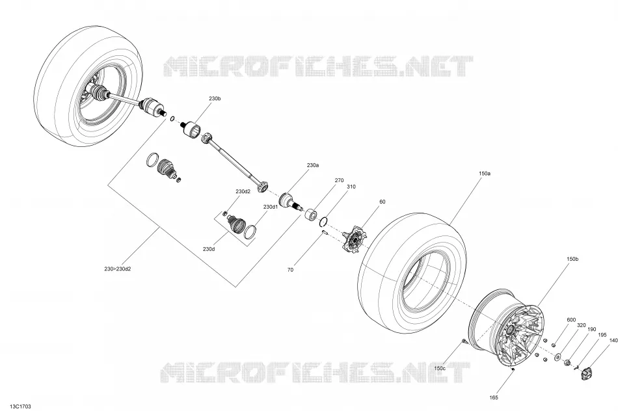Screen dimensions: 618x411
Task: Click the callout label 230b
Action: point(215,98)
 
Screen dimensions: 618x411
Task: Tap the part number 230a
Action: point(313,165)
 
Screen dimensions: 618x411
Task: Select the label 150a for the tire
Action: point(485,174)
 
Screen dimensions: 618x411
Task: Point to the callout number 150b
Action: point(572,259)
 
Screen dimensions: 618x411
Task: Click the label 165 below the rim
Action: point(494,397)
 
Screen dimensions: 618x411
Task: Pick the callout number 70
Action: point(291,270)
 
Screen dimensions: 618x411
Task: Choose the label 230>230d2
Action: point(118,269)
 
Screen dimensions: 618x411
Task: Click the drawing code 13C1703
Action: point(21,406)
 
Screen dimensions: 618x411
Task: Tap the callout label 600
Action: point(571,320)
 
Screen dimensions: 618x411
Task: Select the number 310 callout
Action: point(351,187)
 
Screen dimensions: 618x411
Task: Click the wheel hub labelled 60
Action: point(354,239)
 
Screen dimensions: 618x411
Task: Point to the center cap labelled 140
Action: point(587,373)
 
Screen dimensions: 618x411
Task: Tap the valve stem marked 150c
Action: point(464,341)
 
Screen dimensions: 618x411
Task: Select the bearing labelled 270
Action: point(311,215)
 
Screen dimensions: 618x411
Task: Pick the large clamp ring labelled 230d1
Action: point(250,232)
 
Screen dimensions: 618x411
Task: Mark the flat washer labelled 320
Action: point(558,357)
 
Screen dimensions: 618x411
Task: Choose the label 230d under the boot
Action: point(209,249)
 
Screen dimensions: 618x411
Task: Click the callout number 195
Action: point(602,335)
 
